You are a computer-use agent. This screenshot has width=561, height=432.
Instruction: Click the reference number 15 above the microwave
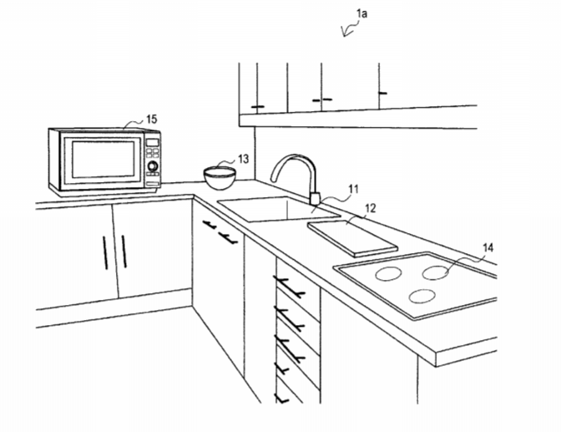152,119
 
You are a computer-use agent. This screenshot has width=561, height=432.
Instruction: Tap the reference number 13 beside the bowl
243,159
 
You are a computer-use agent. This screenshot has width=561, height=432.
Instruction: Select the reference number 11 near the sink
353,189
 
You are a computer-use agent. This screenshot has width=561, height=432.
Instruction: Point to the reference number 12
371,208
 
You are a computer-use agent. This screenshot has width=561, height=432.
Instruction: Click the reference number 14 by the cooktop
488,247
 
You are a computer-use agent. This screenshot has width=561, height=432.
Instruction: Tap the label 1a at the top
361,13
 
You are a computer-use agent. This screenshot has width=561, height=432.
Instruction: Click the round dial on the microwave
153,166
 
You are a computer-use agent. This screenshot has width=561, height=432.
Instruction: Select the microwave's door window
103,159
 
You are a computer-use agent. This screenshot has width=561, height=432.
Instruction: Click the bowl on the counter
220,178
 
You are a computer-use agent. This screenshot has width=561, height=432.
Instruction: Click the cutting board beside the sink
352,238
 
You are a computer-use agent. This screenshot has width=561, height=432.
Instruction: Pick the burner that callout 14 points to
436,272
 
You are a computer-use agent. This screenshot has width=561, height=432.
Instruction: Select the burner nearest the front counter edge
422,297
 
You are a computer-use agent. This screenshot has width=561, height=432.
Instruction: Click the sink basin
279,209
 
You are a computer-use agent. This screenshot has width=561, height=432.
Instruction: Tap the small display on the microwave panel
153,142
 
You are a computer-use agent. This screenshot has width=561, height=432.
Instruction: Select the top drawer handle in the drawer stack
289,287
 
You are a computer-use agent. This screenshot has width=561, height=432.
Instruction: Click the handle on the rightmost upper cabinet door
383,93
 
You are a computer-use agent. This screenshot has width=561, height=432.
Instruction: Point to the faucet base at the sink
315,198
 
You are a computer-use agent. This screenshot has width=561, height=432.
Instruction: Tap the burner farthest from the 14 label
388,274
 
